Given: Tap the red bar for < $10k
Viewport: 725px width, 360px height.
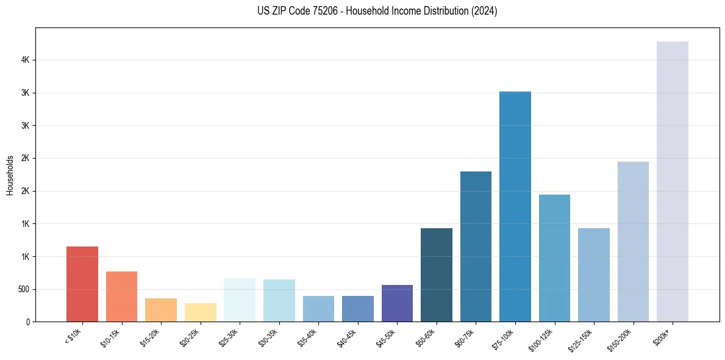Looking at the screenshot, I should coord(82,284).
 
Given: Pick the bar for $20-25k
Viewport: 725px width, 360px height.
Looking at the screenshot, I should coord(201,312).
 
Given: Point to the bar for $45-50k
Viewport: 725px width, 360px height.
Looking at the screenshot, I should coord(397,303).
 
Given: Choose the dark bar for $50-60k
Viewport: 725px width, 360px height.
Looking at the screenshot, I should coord(437,275).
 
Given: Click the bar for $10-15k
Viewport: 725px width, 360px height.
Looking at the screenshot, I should coord(121,296).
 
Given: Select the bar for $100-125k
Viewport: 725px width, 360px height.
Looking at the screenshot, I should coord(554,257).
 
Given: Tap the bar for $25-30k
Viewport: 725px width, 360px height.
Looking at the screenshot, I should coord(240,300).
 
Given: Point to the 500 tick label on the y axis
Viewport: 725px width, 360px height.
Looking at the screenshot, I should coord(24,289).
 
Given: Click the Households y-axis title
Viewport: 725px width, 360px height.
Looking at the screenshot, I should coord(10,175).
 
